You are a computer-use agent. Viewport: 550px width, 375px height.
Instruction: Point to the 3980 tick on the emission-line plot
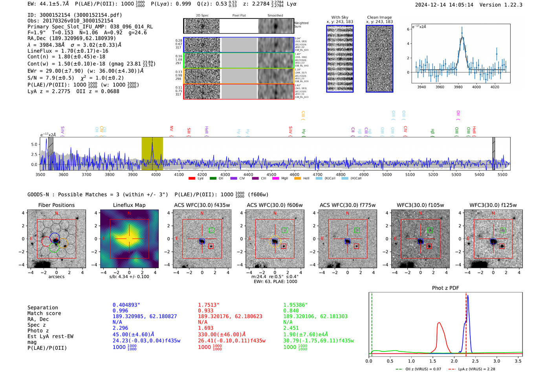tap(458, 87)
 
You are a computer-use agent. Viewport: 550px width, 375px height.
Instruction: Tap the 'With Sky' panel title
tap(340, 17)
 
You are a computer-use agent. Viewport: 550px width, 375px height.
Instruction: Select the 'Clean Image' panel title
tap(379, 17)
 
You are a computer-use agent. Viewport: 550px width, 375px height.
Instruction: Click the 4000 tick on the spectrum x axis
tap(156, 174)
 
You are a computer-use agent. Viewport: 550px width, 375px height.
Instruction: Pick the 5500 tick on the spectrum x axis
tap(502, 174)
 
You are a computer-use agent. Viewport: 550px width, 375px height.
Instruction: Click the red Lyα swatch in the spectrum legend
tap(192, 179)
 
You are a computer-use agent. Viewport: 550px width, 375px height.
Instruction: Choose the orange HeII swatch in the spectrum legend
tap(297, 179)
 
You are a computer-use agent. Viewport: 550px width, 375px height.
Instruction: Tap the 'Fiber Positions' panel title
tap(56, 205)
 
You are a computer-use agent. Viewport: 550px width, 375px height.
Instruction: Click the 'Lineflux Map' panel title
tap(129, 205)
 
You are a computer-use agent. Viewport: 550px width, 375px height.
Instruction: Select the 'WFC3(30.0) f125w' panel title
tap(493, 205)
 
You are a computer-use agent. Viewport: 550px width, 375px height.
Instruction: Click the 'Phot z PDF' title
tap(445, 288)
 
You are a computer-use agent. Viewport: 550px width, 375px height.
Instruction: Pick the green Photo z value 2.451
tap(291, 328)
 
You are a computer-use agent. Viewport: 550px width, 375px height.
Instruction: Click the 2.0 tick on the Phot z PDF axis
tap(454, 361)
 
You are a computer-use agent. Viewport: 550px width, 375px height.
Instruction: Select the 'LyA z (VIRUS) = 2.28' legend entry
tap(477, 369)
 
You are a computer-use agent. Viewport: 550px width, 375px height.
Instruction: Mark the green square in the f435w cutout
tap(212, 230)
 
